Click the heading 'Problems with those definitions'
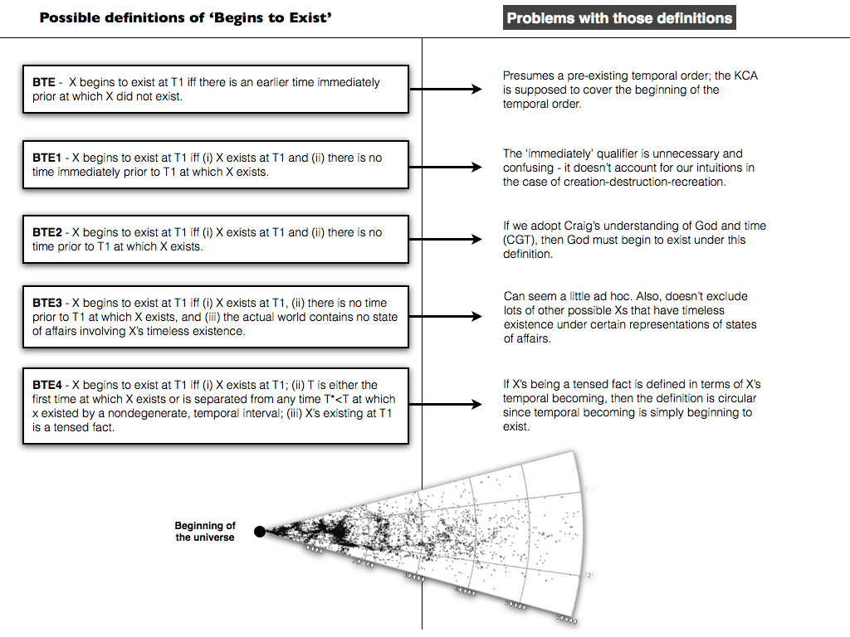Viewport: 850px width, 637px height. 619,18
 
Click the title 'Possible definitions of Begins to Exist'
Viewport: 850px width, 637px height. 186,17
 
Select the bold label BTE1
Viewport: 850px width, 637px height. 48,158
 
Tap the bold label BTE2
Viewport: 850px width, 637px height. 48,232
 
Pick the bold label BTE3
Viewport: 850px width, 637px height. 48,303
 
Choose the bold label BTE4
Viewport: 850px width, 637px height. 48,385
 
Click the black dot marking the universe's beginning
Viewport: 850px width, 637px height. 260,532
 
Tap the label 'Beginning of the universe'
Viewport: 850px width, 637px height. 205,532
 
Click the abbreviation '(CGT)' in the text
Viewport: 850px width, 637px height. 520,241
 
